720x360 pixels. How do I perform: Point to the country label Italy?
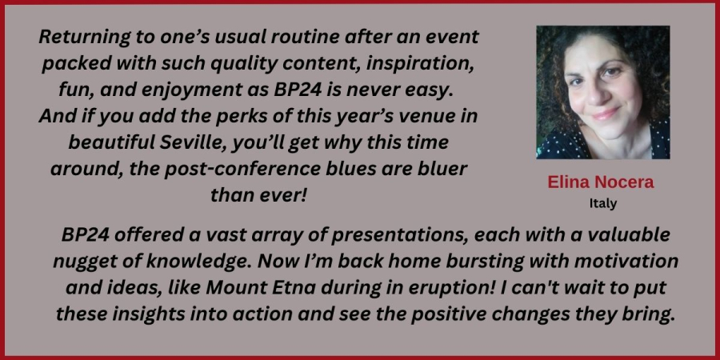pos(603,203)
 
